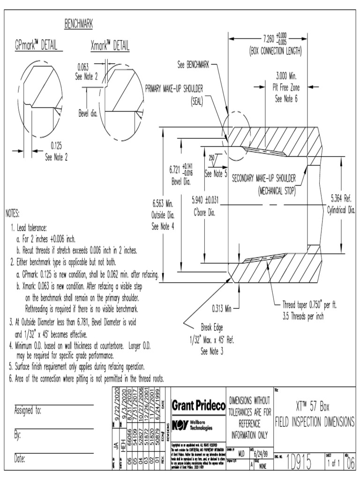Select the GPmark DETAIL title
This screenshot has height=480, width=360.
click(36, 46)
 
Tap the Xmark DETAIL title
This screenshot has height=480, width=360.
click(110, 46)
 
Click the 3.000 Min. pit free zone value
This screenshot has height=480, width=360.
click(286, 75)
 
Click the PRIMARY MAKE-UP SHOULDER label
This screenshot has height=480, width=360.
click(177, 88)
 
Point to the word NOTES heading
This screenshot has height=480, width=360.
click(13, 214)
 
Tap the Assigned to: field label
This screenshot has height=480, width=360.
click(29, 411)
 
